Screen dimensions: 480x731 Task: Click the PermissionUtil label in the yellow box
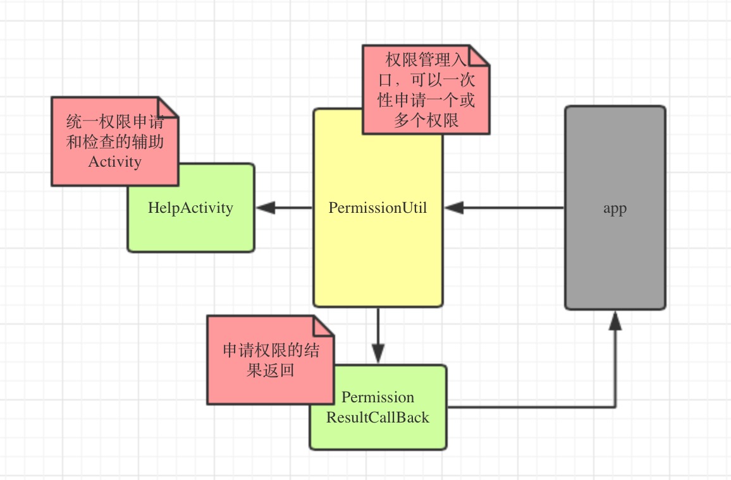click(x=378, y=208)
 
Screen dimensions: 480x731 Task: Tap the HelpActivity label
click(x=190, y=208)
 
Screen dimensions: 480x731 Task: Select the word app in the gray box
click(x=615, y=208)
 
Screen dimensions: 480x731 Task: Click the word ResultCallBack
click(x=378, y=417)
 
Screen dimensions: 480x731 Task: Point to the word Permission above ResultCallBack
click(x=378, y=397)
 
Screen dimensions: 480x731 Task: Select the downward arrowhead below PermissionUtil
click(x=378, y=352)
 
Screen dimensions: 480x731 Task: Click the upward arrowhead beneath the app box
click(x=615, y=321)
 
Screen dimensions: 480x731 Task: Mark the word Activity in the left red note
click(x=114, y=162)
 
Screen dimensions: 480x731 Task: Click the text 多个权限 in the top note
click(x=426, y=121)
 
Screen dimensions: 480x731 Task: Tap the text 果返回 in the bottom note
click(x=271, y=371)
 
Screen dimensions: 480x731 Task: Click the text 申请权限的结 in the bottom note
click(x=271, y=351)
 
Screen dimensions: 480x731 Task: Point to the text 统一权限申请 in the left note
click(x=115, y=121)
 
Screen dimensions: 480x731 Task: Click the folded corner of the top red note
click(x=480, y=54)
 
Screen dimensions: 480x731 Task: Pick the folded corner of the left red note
click(x=169, y=106)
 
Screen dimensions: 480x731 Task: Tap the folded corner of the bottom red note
click(x=324, y=325)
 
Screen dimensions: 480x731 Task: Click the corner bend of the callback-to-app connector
click(x=615, y=407)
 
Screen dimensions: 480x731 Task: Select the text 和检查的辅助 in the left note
click(x=115, y=141)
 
